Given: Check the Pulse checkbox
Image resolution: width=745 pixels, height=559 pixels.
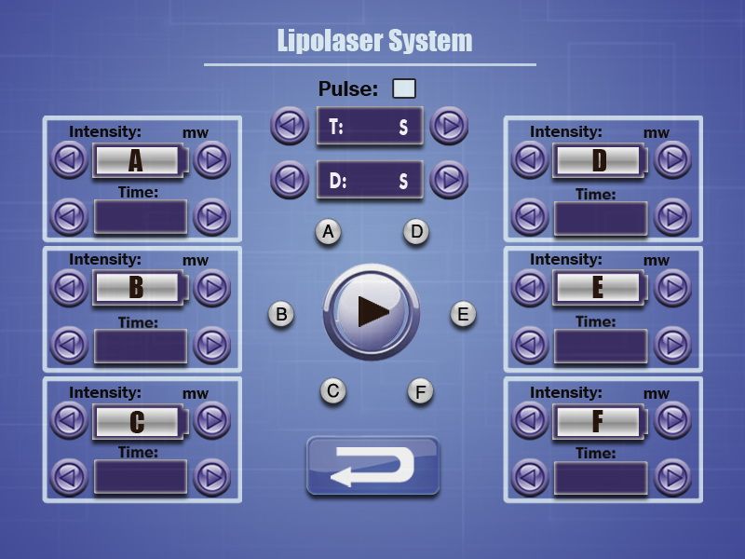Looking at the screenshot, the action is [x=404, y=89].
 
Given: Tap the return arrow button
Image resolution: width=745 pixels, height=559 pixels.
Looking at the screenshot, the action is [x=373, y=467].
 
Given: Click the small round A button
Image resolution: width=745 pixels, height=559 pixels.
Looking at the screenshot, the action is [x=329, y=232].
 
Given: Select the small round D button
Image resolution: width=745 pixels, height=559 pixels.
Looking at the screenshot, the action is [x=416, y=232].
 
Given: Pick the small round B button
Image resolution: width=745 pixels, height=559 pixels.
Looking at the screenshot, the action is [x=281, y=314].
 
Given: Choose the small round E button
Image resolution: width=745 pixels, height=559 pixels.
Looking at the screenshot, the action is [x=463, y=314].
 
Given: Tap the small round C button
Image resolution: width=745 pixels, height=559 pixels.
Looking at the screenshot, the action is [x=333, y=391].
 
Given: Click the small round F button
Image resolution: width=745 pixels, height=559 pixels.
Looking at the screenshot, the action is [x=421, y=392].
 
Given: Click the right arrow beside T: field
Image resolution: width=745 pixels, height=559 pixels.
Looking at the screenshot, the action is [x=449, y=126].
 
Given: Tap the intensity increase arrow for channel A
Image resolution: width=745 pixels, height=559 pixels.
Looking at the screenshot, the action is [x=212, y=159].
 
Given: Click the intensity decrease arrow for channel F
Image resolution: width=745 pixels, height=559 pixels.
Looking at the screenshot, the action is [x=530, y=420].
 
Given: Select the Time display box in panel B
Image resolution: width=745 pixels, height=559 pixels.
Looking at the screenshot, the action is [x=141, y=347].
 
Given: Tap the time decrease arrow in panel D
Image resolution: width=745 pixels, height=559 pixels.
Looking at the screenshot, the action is [x=530, y=217].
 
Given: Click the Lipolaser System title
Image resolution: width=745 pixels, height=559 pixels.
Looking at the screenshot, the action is [x=374, y=40].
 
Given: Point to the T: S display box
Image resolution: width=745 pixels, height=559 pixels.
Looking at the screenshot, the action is [x=370, y=127].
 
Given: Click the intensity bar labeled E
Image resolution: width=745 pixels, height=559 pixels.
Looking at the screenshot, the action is [x=600, y=288].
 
